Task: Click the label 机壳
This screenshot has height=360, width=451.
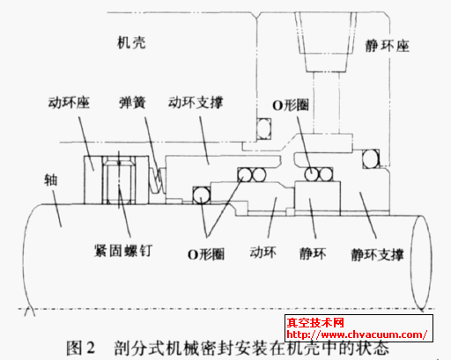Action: tap(131, 43)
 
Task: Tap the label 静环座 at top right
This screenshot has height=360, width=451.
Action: tap(387, 46)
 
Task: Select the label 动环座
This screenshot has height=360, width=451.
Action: tap(69, 103)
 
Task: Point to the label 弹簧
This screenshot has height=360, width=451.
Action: tap(132, 103)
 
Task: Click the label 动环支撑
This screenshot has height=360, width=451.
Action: tap(196, 102)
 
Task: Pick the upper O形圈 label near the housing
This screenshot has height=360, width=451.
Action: tap(291, 105)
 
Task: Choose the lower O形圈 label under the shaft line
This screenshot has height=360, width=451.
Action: tap(206, 254)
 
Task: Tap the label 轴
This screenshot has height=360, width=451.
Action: tap(50, 180)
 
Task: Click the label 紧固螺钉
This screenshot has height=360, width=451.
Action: tap(123, 251)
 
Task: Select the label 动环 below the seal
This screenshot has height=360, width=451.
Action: tap(262, 253)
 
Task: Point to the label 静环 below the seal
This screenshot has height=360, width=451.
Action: tap(313, 253)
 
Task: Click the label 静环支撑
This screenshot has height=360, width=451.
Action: tap(377, 254)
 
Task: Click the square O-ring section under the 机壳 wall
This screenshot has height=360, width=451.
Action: tap(263, 129)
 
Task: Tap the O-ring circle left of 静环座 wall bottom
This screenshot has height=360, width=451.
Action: tap(371, 158)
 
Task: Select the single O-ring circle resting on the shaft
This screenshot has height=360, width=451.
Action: tap(202, 195)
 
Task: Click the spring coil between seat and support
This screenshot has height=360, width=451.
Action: tap(157, 181)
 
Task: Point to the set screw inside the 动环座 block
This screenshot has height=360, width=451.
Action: tap(119, 180)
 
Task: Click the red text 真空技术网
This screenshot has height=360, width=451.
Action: tap(315, 323)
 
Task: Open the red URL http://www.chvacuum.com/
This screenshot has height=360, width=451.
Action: tap(357, 334)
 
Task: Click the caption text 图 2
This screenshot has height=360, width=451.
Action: tap(80, 349)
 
